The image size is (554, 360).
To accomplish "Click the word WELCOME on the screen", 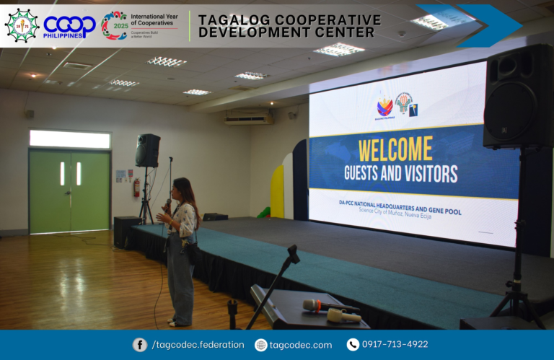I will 395,149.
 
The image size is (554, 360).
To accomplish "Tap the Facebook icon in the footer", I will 140,345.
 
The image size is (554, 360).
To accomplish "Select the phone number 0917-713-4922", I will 395,345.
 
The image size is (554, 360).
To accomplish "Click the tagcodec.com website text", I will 301,345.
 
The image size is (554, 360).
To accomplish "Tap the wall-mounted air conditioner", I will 248,117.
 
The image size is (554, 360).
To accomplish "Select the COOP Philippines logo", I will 69,27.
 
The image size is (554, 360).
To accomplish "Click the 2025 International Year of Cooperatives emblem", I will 114,25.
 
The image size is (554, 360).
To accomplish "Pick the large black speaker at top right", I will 518,97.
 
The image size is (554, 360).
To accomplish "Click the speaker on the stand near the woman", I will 148,150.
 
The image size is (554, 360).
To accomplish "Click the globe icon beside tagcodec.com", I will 260,345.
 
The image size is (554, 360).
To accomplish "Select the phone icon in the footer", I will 353,345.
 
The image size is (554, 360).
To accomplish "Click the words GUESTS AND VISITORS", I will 400,173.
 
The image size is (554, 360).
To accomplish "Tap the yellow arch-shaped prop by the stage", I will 278,191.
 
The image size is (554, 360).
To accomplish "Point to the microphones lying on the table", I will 330,310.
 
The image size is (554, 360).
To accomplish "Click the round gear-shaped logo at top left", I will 22,25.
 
